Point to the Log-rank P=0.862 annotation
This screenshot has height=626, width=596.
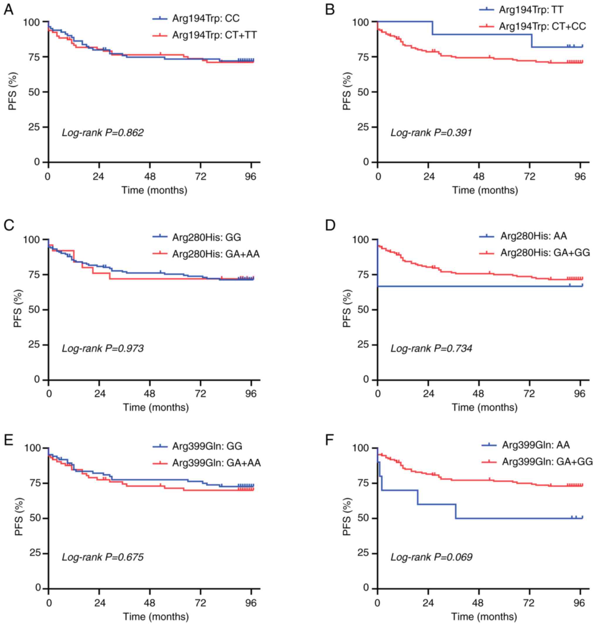[102, 132]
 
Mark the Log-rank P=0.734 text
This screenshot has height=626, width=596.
[431, 348]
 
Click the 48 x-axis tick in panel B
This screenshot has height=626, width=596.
[479, 176]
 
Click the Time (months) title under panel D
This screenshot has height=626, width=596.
[485, 407]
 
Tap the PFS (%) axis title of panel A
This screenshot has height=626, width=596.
[13, 91]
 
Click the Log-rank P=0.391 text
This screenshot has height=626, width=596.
[431, 132]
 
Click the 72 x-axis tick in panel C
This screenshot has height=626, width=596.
[200, 394]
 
